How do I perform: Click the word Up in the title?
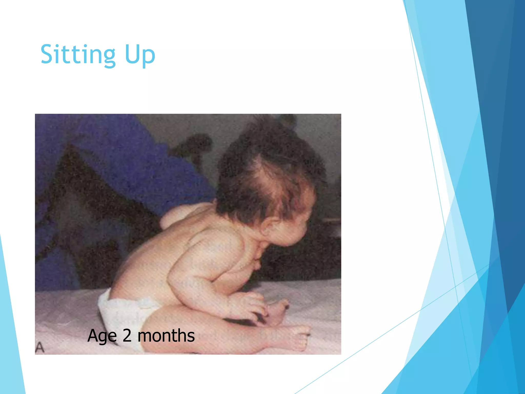tap(140, 55)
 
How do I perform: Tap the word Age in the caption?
tap(102, 336)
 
